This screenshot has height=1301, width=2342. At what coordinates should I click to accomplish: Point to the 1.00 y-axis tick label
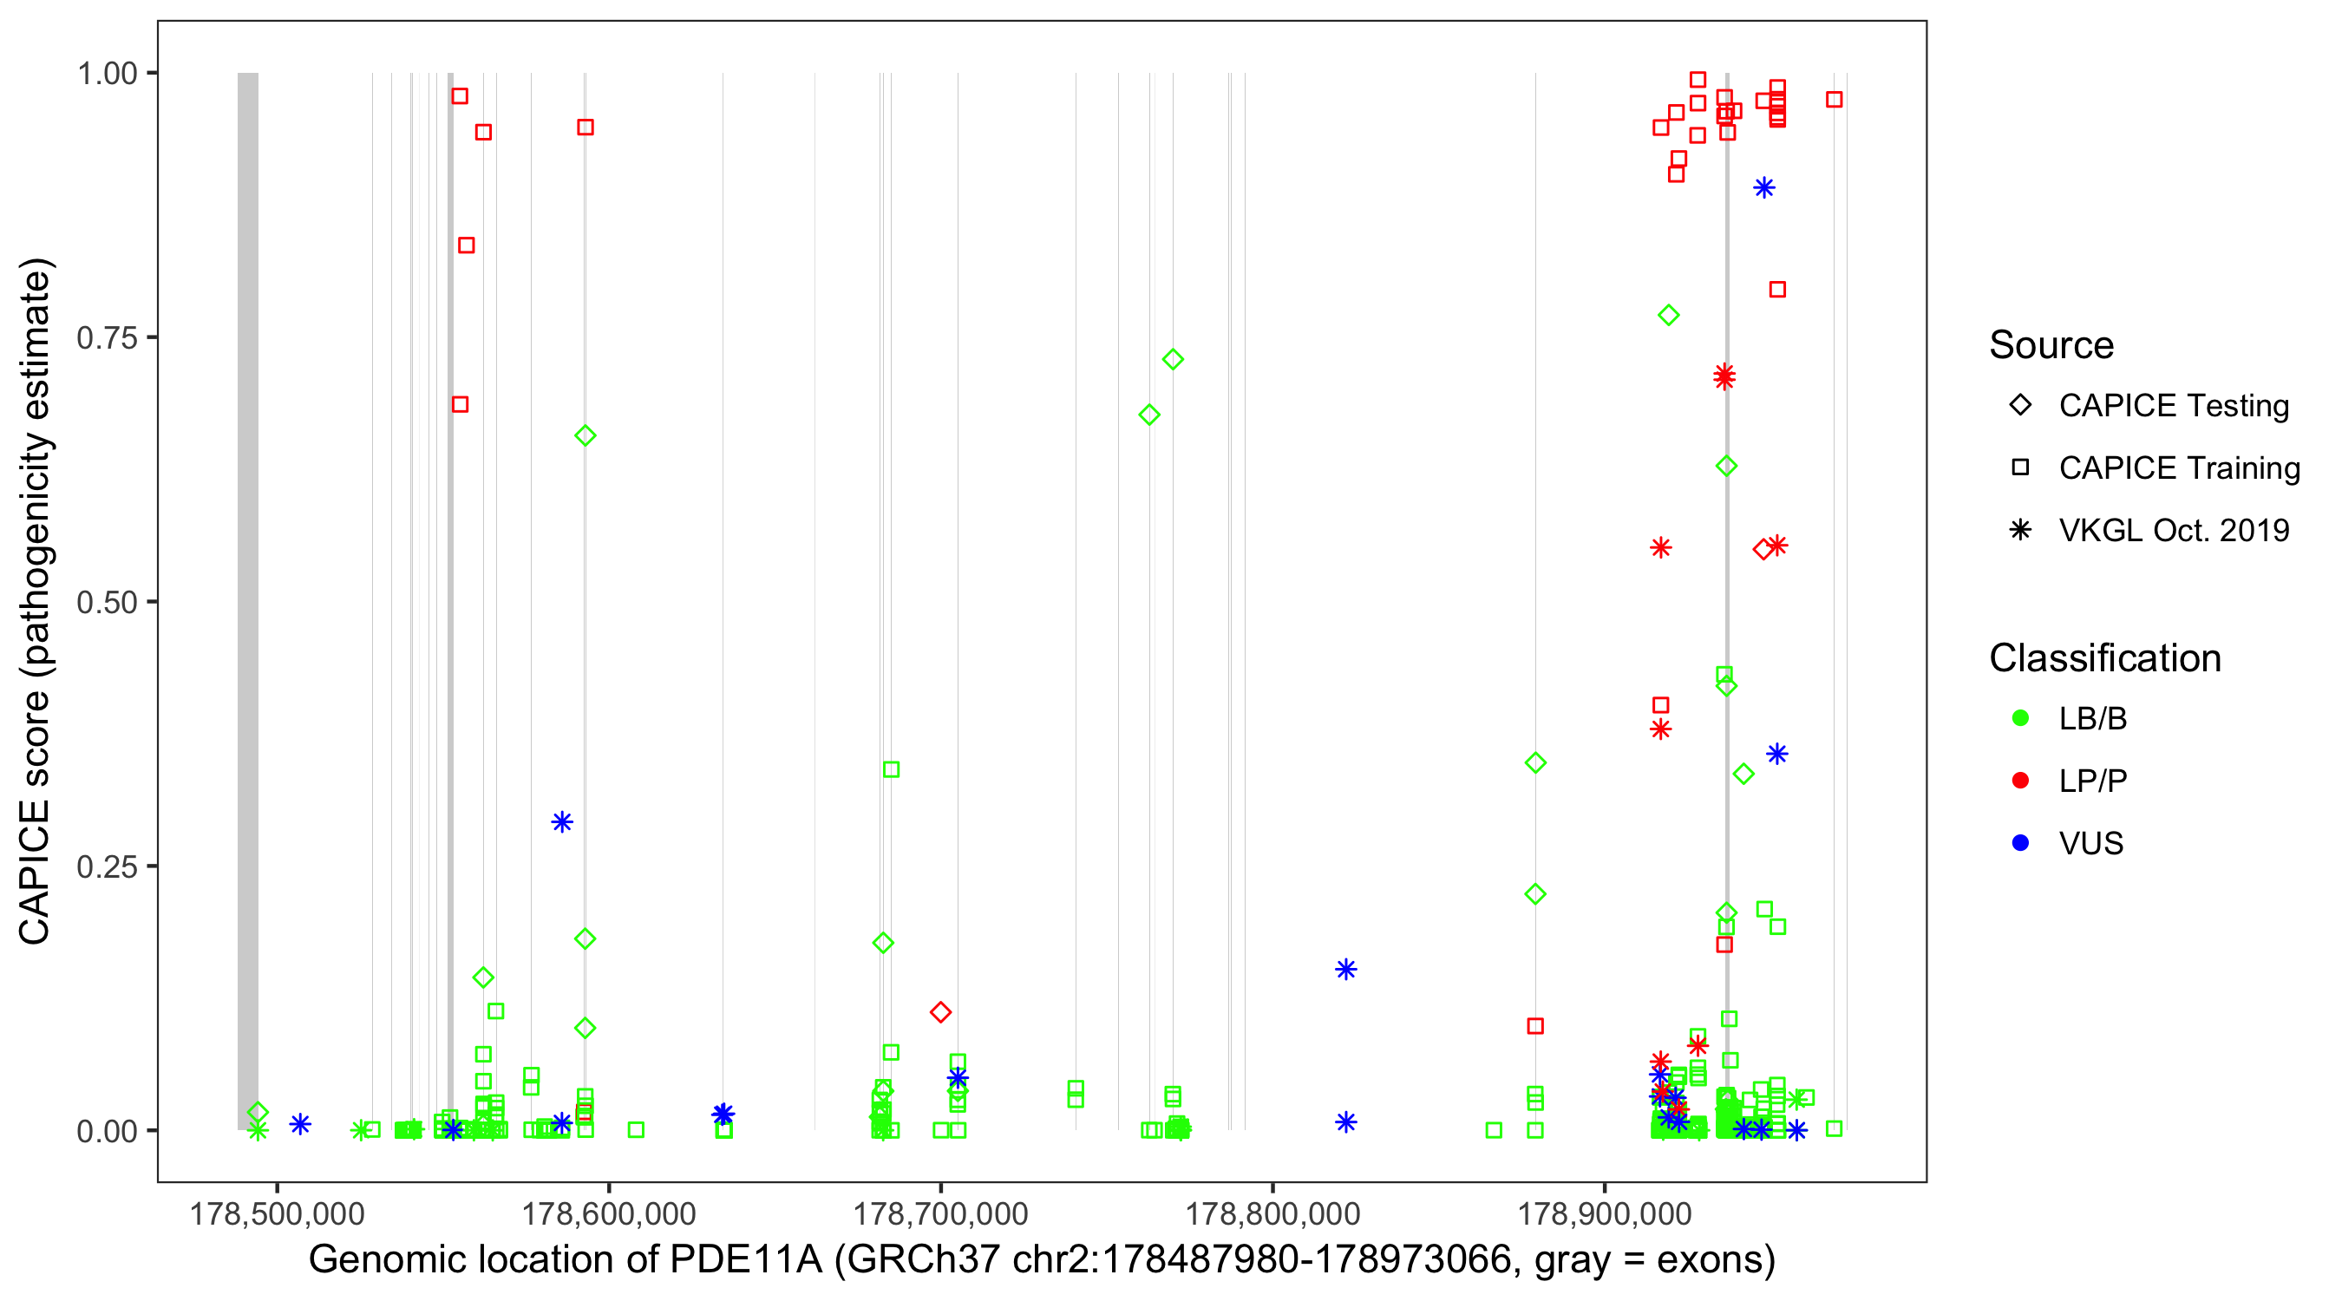(x=107, y=73)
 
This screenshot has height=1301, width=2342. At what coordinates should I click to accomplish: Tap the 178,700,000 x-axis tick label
(x=940, y=1213)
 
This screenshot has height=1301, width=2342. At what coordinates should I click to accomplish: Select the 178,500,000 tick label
(x=277, y=1213)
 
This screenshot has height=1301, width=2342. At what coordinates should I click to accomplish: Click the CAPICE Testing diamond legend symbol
(x=2020, y=406)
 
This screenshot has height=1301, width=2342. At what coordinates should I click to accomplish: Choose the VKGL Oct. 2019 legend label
(x=2174, y=530)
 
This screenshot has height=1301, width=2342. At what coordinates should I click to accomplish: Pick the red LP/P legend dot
(x=2020, y=781)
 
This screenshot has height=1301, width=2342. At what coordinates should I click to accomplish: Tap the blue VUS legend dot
(x=2020, y=843)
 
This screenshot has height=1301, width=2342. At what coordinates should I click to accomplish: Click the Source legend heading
(x=2051, y=345)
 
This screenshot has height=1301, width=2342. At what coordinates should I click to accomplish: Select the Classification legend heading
(x=2104, y=658)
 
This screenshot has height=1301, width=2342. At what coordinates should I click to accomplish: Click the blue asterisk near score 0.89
(x=1763, y=188)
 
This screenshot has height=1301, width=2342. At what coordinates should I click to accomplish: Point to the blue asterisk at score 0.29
(x=562, y=822)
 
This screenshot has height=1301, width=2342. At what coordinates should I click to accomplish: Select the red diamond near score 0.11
(x=941, y=1012)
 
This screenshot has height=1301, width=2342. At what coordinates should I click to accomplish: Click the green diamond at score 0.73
(x=1173, y=359)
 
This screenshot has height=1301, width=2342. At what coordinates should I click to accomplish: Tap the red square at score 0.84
(x=467, y=245)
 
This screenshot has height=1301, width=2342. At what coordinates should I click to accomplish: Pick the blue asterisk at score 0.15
(x=1346, y=969)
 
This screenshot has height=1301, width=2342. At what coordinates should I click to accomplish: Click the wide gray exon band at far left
(x=247, y=600)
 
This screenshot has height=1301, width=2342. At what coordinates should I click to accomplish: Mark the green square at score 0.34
(x=891, y=770)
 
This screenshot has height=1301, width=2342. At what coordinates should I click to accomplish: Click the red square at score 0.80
(x=1777, y=289)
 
